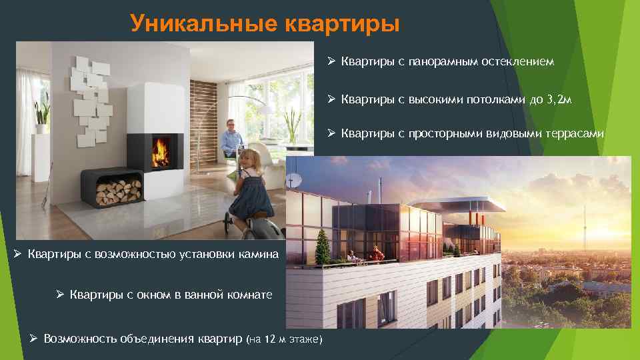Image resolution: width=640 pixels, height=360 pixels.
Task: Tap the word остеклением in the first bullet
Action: [517, 62]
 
